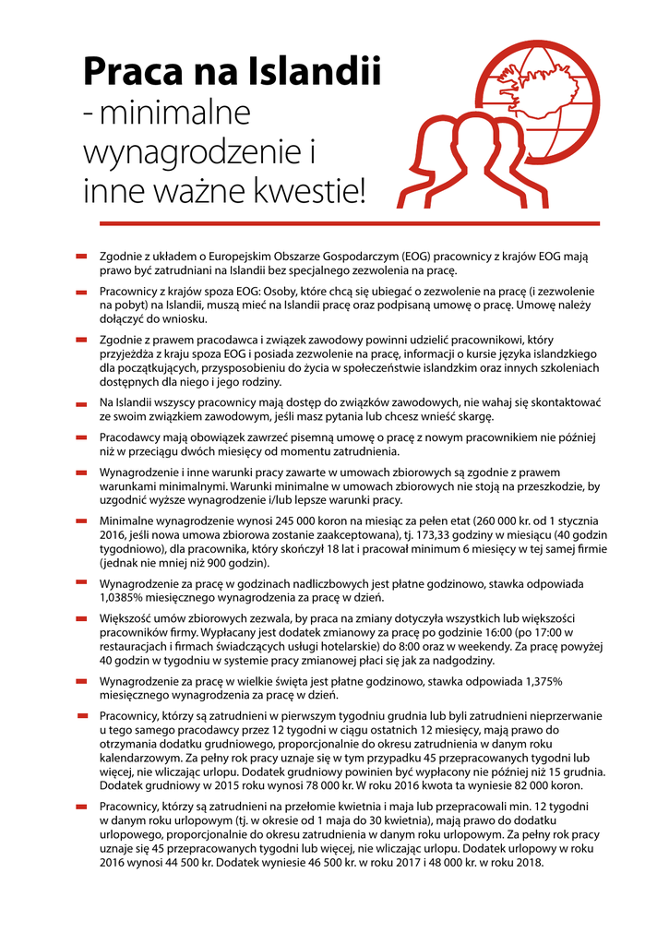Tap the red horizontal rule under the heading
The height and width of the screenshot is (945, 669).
tap(340, 223)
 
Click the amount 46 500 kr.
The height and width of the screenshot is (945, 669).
tap(352, 865)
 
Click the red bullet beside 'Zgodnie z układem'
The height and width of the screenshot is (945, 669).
tap(81, 257)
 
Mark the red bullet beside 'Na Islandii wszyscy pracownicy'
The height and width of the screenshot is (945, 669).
tap(81, 402)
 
